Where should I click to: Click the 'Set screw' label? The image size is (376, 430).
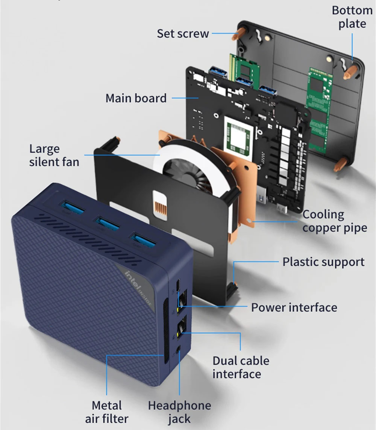click(x=183, y=33)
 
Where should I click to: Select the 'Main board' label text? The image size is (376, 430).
click(x=136, y=98)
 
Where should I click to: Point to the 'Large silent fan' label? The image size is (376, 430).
click(x=54, y=155)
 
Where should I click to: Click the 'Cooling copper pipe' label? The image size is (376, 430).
click(x=335, y=221)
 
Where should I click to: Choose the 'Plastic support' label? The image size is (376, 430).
click(x=323, y=262)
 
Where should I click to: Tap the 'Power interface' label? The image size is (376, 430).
click(x=294, y=307)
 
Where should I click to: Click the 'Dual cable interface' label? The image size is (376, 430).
click(x=241, y=367)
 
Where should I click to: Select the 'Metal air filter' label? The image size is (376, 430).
click(x=107, y=412)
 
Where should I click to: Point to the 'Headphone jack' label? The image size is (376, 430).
click(x=179, y=412)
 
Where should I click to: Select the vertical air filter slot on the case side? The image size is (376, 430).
click(x=165, y=330)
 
